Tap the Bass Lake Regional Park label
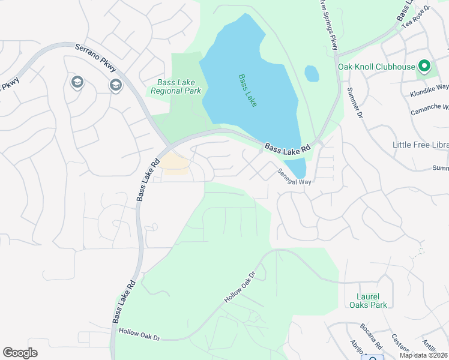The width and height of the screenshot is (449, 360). click(x=176, y=87)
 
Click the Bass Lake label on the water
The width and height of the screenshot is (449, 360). click(x=247, y=91)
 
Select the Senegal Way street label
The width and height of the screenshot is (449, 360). click(x=294, y=176)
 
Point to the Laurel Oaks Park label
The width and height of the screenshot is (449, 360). click(x=369, y=300)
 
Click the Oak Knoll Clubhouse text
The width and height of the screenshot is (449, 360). click(x=376, y=67)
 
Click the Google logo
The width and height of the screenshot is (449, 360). click(x=20, y=353)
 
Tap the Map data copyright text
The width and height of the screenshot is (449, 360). click(x=424, y=355)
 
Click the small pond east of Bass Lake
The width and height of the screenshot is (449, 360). click(x=312, y=74)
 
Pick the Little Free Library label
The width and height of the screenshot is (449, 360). click(x=420, y=145)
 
